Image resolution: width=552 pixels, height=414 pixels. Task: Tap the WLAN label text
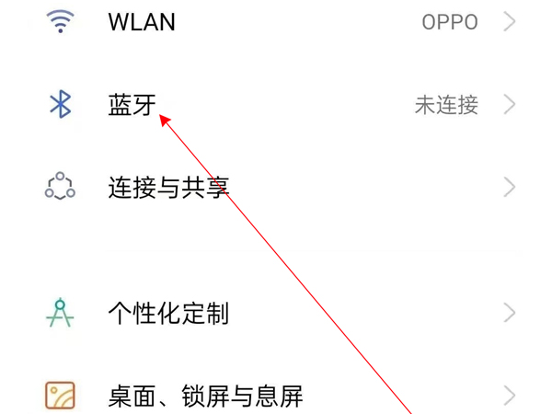click(x=142, y=21)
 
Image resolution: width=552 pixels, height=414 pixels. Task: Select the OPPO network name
click(x=450, y=22)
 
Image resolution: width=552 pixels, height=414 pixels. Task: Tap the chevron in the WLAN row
click(x=510, y=21)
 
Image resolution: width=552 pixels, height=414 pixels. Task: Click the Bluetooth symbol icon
click(x=61, y=104)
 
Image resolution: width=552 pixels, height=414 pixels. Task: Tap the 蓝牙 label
click(x=132, y=104)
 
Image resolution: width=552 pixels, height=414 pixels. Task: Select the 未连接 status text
click(x=446, y=105)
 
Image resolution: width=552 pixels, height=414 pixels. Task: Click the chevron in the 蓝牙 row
click(x=510, y=104)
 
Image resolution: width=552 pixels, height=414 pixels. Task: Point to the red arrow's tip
click(x=161, y=115)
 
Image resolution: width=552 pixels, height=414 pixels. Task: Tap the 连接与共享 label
click(x=168, y=188)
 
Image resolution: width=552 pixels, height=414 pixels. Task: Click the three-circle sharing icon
click(x=61, y=187)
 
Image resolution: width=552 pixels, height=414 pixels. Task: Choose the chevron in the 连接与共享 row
click(x=510, y=188)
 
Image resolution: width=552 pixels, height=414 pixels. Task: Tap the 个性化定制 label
click(x=168, y=314)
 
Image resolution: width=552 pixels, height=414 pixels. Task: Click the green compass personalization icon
click(x=61, y=313)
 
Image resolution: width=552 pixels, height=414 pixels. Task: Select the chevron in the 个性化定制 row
click(x=510, y=314)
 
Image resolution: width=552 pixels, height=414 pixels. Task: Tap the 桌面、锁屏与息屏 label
click(x=205, y=397)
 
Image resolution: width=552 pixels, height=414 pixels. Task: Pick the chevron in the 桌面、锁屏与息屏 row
click(x=510, y=397)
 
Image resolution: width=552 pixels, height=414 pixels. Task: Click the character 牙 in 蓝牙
click(x=144, y=104)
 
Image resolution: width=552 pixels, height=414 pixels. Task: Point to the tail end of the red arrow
click(x=409, y=413)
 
